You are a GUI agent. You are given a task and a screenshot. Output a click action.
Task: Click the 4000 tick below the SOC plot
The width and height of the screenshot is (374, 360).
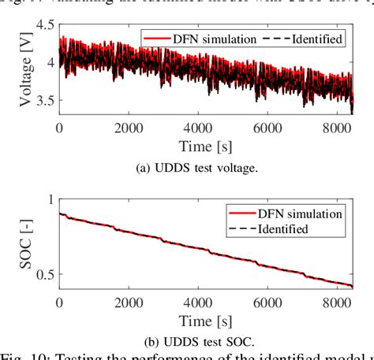204,303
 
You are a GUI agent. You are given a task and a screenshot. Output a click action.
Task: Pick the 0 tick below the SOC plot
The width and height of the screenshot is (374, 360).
59,303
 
